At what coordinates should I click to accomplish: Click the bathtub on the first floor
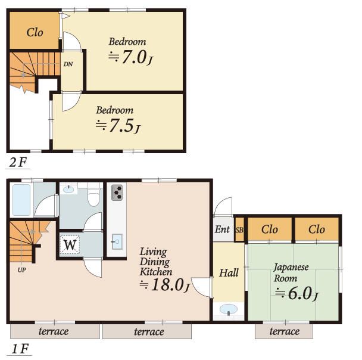(21, 200)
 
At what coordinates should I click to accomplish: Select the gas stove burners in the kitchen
(117, 193)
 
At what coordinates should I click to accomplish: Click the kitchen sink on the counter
(117, 242)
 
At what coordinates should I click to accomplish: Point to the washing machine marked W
(70, 245)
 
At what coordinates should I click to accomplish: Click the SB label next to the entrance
(239, 231)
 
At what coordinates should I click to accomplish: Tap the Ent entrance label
(222, 229)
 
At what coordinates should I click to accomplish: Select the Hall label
(229, 273)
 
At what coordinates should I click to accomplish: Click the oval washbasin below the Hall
(228, 309)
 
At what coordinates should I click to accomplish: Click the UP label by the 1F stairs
(21, 269)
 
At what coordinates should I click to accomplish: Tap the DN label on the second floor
(68, 64)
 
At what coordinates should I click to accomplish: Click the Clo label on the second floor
(35, 32)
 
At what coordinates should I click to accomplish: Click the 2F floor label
(18, 162)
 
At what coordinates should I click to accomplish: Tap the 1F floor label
(20, 349)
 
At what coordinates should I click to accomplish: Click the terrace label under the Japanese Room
(285, 331)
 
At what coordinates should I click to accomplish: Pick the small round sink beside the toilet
(68, 190)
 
